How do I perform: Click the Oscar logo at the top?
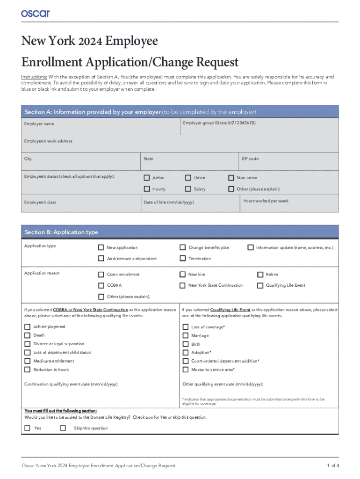coord(35,14)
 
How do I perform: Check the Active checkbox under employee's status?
coord(147,178)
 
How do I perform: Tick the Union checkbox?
coord(188,178)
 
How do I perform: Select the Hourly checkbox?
coord(147,189)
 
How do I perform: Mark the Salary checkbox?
coord(188,189)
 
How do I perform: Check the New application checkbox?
coord(101,247)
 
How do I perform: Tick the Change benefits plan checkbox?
coord(183,247)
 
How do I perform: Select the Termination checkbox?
coord(183,258)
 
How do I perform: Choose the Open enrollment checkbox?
coord(101,275)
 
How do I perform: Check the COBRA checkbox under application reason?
coord(101,285)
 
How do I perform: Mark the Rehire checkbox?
coord(260,275)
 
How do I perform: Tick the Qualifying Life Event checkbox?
coord(260,285)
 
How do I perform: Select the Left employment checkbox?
coord(27,327)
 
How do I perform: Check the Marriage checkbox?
coord(185,335)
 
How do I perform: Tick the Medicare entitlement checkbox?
coord(27,361)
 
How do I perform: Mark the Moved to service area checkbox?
coord(185,370)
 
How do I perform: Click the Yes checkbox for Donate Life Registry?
coord(27,428)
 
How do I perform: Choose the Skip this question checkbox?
coord(63,428)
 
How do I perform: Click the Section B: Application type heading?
coord(61,232)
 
